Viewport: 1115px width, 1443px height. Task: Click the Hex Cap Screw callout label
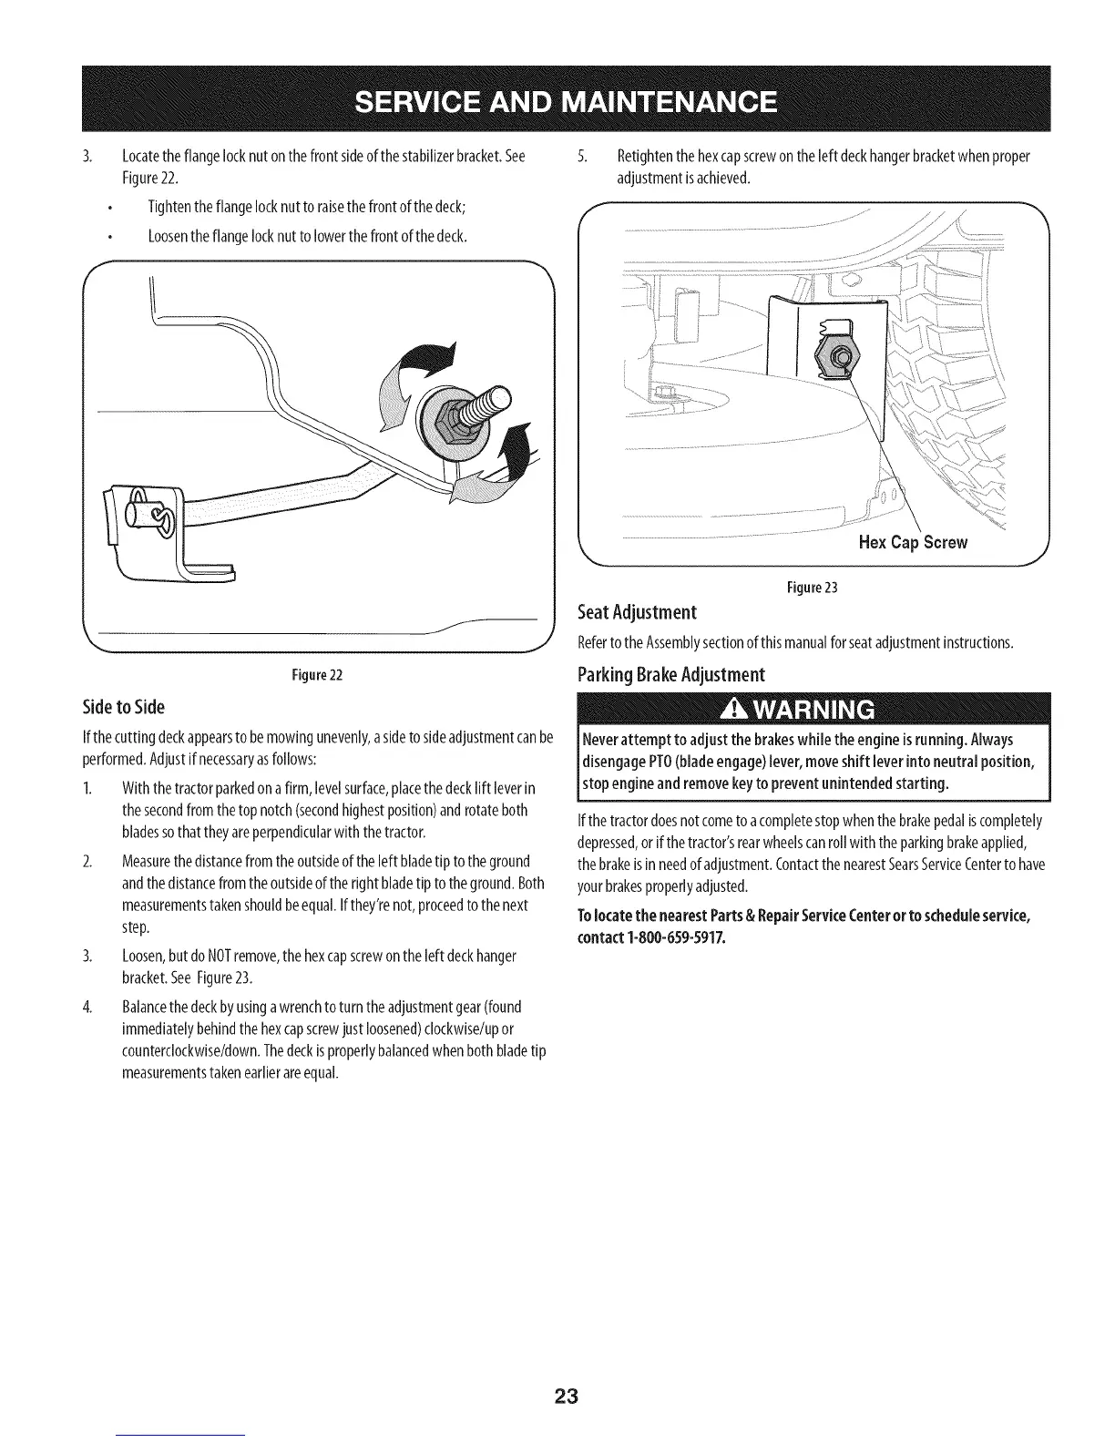[913, 543]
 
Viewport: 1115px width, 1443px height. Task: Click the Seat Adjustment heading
[638, 610]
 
